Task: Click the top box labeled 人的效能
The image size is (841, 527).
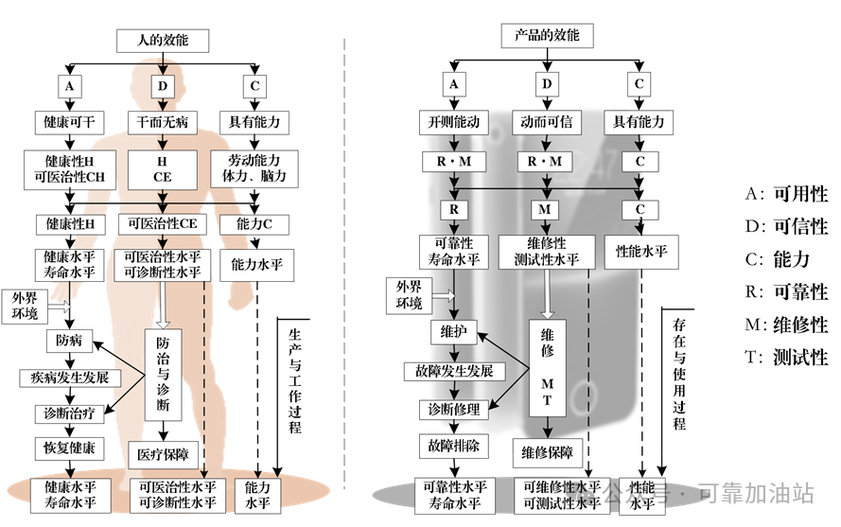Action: [162, 41]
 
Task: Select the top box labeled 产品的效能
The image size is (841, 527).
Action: [546, 37]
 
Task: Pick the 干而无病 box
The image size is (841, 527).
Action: [162, 122]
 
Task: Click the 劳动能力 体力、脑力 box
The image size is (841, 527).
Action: [255, 167]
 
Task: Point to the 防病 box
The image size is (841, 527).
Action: [69, 339]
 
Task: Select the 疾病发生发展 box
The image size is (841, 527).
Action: [69, 378]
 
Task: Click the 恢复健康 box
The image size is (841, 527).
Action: [69, 446]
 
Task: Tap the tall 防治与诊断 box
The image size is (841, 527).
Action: [162, 375]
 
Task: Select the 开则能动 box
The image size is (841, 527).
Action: [454, 122]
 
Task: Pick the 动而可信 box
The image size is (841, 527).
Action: [547, 122]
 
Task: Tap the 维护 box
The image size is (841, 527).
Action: [454, 332]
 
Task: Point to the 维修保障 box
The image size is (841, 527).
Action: [547, 453]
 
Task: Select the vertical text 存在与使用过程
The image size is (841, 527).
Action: [678, 374]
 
